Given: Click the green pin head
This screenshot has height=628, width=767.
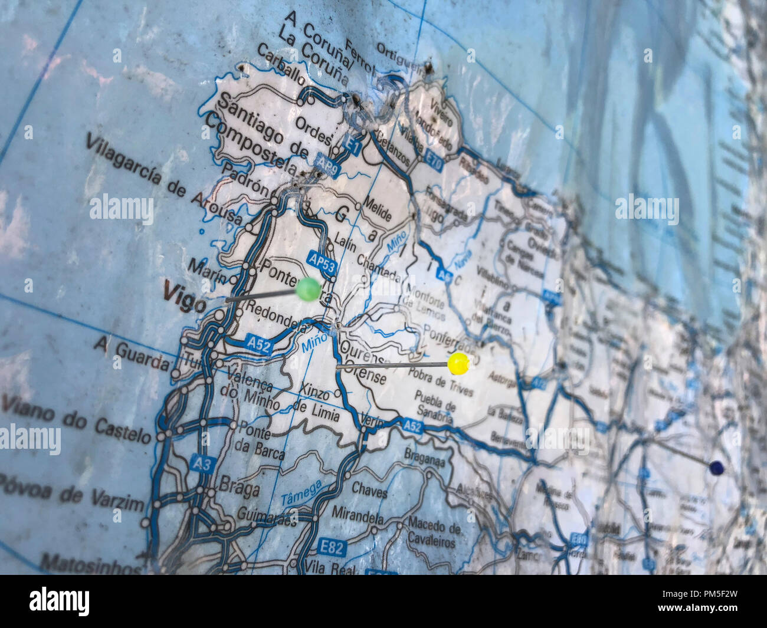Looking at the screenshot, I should coord(308,289).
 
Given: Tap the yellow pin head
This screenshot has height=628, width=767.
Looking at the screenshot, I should coord(458,363).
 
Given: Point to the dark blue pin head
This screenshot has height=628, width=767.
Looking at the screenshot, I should coord(716,468).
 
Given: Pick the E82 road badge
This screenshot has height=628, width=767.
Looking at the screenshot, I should coord(333,548).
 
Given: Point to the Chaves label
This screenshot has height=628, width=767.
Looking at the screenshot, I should coord(369,489).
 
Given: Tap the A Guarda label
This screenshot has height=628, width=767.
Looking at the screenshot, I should coord(131,352).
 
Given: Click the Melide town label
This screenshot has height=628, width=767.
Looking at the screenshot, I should coord(377,208).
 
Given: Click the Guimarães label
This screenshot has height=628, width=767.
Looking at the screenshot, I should coord(266,517).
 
